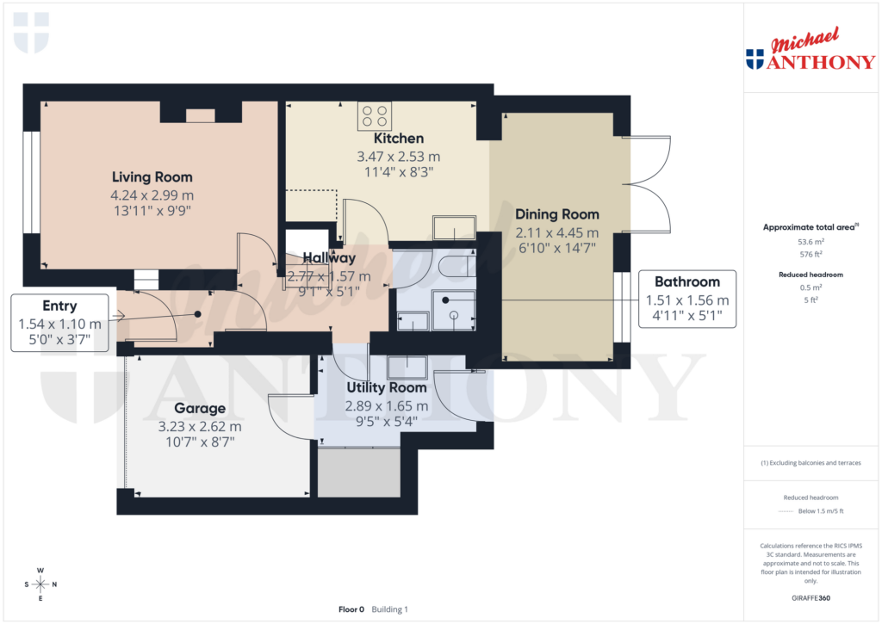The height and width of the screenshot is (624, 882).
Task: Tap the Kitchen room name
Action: [398, 139]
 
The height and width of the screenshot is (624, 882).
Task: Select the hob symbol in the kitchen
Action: [375, 115]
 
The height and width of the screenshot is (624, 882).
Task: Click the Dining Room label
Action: [556, 214]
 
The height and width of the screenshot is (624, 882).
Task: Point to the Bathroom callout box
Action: [686, 300]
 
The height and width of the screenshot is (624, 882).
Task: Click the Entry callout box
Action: [59, 323]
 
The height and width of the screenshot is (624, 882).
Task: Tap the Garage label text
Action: [200, 408]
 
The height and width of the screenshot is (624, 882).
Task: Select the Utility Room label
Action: [386, 389]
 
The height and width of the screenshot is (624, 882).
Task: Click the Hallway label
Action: [329, 257]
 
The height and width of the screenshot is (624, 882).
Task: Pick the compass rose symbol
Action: [40, 584]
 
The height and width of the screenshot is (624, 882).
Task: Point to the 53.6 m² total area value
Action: [809, 242]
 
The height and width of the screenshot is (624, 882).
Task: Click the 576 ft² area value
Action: [809, 255]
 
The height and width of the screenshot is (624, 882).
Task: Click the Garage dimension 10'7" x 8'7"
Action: [200, 442]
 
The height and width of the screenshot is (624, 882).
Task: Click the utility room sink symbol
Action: [408, 367]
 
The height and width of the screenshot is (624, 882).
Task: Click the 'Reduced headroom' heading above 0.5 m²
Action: [809, 275]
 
